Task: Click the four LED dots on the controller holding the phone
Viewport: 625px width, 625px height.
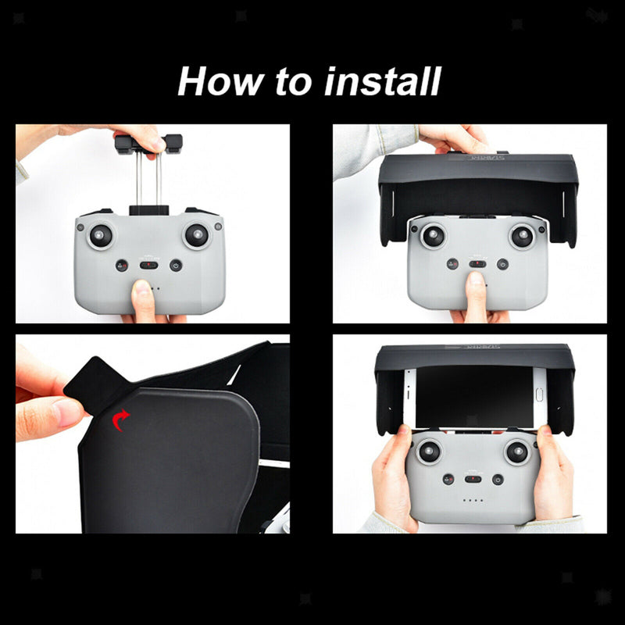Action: point(473,501)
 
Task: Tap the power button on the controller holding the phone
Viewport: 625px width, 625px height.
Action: point(498,479)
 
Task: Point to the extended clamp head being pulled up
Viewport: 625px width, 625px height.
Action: point(148,144)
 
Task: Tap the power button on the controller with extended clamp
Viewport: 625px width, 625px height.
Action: point(175,266)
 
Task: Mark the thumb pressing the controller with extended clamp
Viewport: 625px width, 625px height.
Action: point(142,297)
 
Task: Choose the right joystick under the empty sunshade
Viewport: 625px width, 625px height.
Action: point(522,235)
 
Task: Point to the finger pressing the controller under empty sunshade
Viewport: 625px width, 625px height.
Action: point(475,293)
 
